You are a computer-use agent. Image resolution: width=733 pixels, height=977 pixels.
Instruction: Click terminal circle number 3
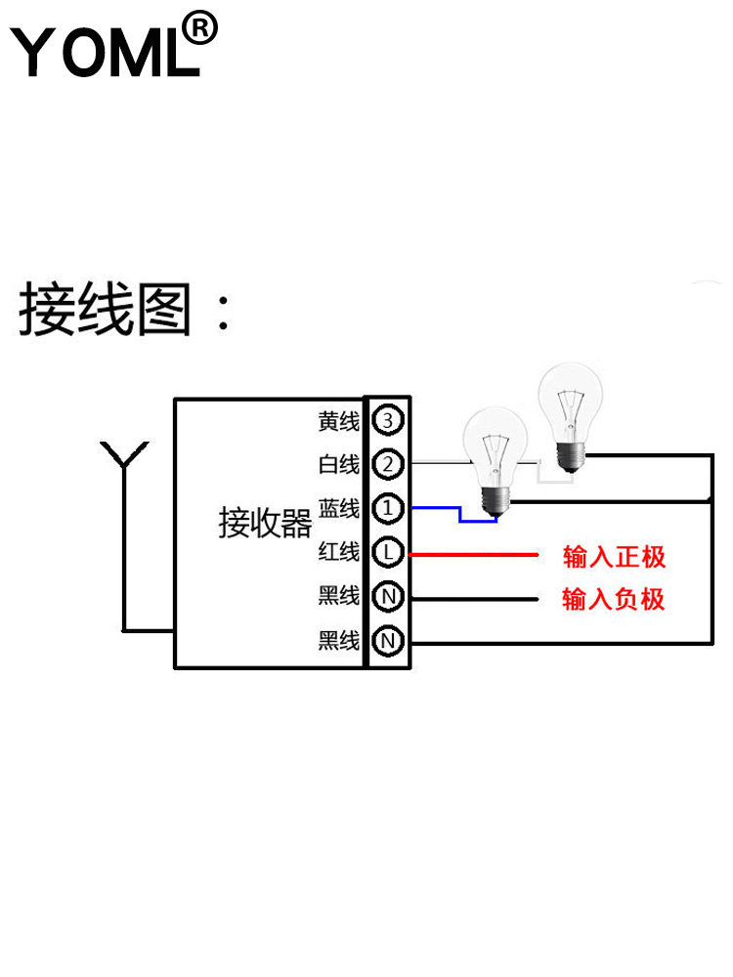pyautogui.click(x=388, y=421)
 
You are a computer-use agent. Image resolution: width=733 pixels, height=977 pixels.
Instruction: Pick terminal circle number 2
pyautogui.click(x=388, y=464)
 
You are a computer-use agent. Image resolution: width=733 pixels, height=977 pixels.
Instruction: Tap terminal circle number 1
pyautogui.click(x=388, y=508)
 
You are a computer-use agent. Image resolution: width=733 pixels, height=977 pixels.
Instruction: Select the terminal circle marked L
pyautogui.click(x=388, y=553)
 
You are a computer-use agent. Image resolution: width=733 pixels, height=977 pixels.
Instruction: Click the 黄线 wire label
pyautogui.click(x=339, y=422)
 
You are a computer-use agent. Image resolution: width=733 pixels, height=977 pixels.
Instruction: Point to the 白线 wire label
pyautogui.click(x=339, y=465)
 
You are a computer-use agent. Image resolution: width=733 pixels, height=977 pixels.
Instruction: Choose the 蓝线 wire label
pyautogui.click(x=339, y=509)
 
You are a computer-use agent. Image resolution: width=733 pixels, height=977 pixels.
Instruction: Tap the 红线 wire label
pyautogui.click(x=339, y=553)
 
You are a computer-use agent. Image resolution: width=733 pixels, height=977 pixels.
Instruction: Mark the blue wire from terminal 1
pyautogui.click(x=450, y=511)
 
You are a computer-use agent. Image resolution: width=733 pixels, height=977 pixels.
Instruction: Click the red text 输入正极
pyautogui.click(x=614, y=558)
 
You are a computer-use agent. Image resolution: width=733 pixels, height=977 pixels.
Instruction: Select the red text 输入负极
pyautogui.click(x=614, y=599)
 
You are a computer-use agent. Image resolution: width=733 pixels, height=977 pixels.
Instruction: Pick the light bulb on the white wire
pyautogui.click(x=570, y=415)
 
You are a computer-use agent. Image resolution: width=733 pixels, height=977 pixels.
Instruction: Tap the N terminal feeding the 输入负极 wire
pyautogui.click(x=388, y=596)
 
